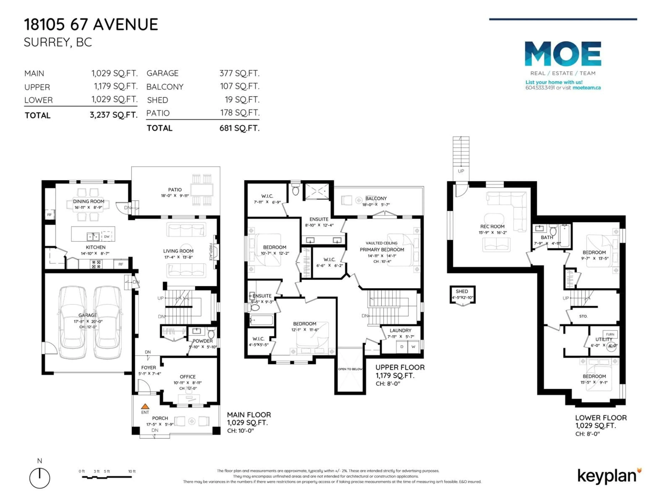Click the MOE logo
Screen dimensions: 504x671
coord(563,54)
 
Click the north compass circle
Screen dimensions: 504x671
coord(40,478)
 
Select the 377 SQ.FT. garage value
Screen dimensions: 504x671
coord(239,73)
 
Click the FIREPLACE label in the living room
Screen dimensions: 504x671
coord(211,251)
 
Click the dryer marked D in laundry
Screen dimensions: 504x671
coord(402,347)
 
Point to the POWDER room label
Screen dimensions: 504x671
coord(203,341)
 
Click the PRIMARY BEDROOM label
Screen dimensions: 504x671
coord(382,249)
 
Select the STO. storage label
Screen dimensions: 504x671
coord(583,316)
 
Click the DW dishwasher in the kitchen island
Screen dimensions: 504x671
coord(106,236)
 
